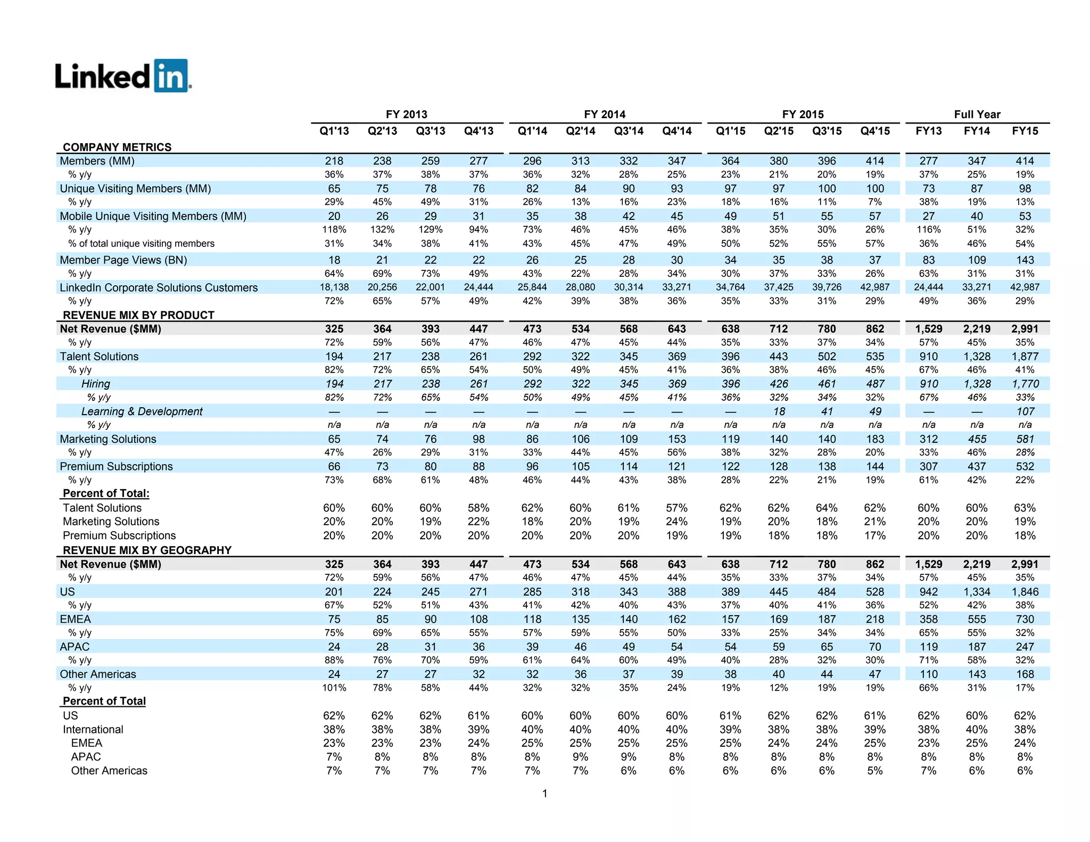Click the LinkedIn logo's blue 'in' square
click(x=171, y=76)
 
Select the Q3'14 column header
click(x=629, y=131)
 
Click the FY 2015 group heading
click(x=803, y=114)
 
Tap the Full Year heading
click(x=977, y=114)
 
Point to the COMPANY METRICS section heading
click(x=117, y=147)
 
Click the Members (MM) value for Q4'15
click(x=874, y=161)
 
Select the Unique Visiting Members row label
click(x=135, y=188)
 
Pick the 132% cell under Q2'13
click(x=382, y=229)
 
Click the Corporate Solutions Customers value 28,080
click(x=580, y=287)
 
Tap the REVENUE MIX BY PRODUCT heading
click(x=138, y=315)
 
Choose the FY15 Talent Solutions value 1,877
click(x=1025, y=356)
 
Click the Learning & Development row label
click(x=142, y=411)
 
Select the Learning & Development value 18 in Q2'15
click(x=779, y=411)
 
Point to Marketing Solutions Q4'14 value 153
click(x=676, y=439)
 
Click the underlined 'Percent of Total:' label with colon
click(x=106, y=493)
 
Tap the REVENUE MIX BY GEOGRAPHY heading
click(x=147, y=550)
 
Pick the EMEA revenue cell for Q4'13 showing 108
click(x=478, y=619)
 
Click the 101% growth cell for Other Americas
click(x=334, y=688)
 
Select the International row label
click(x=93, y=729)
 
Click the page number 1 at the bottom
click(x=544, y=794)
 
